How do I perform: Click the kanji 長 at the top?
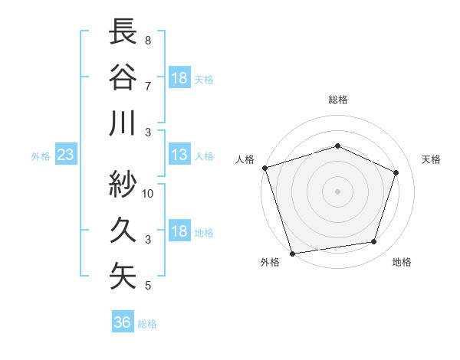123,32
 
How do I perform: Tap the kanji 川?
123,123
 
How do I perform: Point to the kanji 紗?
123,183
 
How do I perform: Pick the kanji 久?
123,229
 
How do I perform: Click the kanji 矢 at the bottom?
123,276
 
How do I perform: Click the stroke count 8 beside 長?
148,40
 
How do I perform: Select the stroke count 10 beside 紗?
148,193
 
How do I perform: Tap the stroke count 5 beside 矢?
148,286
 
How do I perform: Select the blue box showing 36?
123,322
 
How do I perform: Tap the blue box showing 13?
179,155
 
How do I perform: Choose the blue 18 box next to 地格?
179,232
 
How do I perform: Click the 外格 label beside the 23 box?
41,156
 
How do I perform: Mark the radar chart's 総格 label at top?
338,100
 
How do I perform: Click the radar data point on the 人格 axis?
265,168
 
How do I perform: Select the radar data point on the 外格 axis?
293,253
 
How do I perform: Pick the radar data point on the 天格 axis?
396,172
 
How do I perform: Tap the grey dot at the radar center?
338,191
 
